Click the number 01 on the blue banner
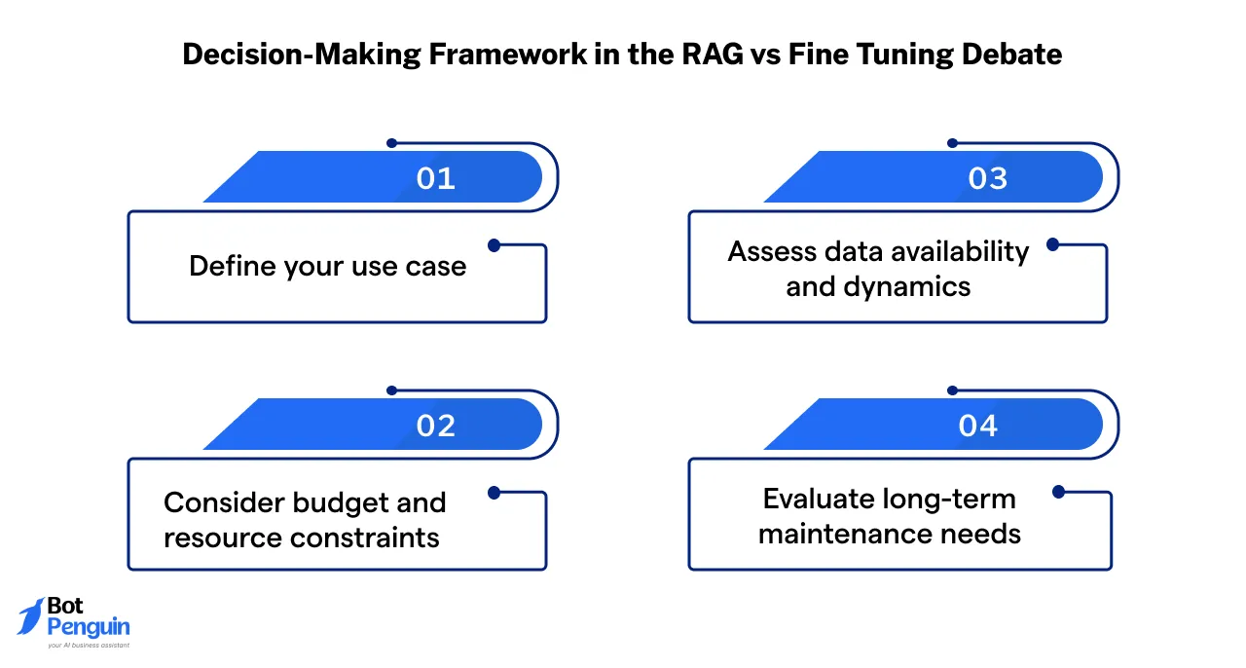(x=435, y=178)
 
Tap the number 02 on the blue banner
(x=435, y=426)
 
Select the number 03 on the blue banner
(x=987, y=178)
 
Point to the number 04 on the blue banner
(x=977, y=426)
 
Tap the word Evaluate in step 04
(x=821, y=499)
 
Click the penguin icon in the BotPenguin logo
(x=31, y=616)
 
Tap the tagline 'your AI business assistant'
(x=89, y=644)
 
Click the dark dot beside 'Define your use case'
(x=494, y=245)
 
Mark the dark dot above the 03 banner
(x=953, y=143)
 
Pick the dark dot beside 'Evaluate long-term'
(x=1058, y=493)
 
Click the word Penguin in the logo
(x=89, y=626)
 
